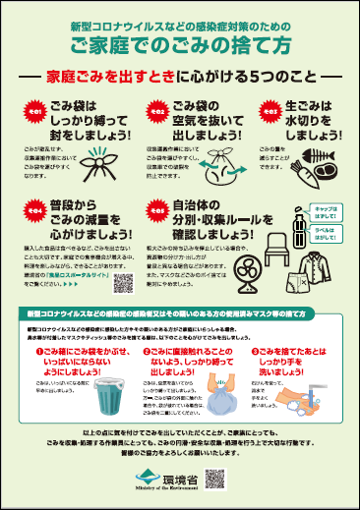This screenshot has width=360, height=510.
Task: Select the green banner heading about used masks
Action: [180, 312]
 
